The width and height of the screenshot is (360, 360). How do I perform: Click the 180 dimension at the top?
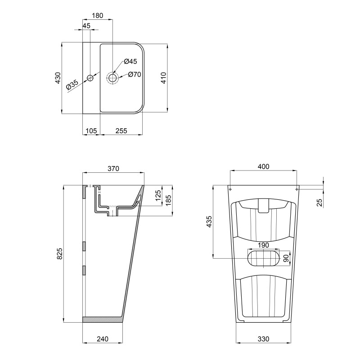click(98, 15)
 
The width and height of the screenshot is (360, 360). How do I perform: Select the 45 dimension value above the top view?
click(86, 26)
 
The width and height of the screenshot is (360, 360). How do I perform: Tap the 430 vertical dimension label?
click(58, 78)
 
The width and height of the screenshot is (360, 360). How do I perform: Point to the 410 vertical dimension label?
click(164, 78)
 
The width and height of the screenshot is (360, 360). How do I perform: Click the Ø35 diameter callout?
click(72, 85)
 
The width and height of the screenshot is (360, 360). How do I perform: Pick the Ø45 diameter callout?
click(130, 61)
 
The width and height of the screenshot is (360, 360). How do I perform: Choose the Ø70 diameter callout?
click(135, 75)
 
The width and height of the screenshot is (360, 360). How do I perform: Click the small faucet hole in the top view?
click(90, 78)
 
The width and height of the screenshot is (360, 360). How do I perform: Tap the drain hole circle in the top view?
click(112, 78)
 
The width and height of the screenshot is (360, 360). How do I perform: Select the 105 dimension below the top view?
click(91, 131)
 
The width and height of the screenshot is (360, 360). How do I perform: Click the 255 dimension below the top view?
click(121, 131)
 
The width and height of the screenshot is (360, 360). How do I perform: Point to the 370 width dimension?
click(113, 169)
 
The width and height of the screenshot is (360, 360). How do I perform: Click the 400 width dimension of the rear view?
click(263, 166)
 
